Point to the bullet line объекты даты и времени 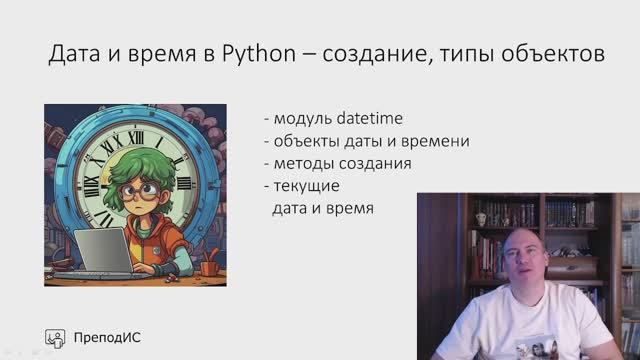[x=366, y=141]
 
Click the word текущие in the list [x=305, y=186]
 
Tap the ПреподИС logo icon [x=56, y=337]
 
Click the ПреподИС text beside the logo [x=108, y=337]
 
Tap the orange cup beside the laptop [x=208, y=267]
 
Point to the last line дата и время [x=323, y=209]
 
